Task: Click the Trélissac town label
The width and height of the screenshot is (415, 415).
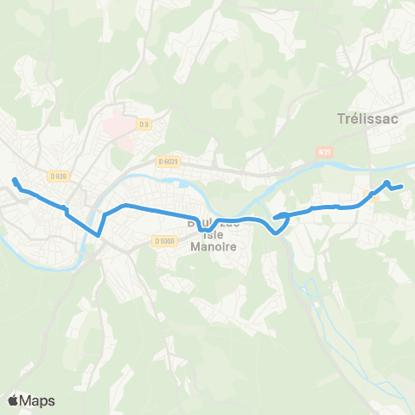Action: pos(368,119)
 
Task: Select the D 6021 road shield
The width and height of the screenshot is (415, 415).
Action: pos(168,161)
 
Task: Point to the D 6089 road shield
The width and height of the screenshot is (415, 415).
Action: pos(167,241)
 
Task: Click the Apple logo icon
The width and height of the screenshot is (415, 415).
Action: pos(13,400)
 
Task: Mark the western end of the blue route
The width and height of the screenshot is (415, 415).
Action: pos(15,180)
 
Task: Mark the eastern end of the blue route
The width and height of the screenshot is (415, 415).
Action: pos(404,186)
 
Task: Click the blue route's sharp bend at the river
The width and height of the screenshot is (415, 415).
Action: pos(99,233)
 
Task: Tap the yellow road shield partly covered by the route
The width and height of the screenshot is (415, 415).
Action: pos(373,196)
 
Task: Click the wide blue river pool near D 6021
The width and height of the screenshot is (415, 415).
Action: pos(183,182)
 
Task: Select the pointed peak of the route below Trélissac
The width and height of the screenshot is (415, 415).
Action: pos(387,182)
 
